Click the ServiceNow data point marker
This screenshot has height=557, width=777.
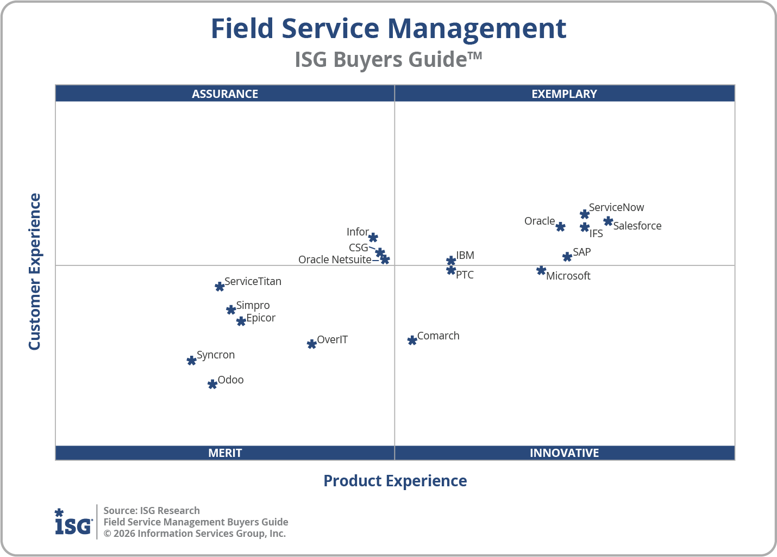coord(585,214)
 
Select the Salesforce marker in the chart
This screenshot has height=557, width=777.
coord(608,221)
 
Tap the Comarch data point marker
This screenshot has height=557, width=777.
coord(412,341)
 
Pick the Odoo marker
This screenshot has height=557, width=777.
coord(212,385)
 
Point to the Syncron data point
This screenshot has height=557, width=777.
coord(191,361)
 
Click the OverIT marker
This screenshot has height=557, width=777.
coord(312,344)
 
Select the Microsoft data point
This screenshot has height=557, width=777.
coord(541,270)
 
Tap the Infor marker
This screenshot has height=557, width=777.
coord(373,238)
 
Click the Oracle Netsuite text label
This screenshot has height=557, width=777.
coord(335,260)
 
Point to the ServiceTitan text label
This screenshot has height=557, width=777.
coord(253,282)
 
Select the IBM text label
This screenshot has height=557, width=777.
coord(465,256)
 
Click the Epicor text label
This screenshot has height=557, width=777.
coord(261,318)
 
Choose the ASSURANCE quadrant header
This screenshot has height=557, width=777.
coord(225,94)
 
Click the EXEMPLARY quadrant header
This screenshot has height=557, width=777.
coord(564,94)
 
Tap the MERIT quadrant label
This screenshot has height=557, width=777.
coord(225,453)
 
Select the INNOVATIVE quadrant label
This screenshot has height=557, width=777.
coord(564,453)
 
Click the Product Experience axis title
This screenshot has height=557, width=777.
coord(395,481)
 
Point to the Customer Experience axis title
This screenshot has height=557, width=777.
coord(35,272)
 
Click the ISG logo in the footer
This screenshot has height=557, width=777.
coord(73,522)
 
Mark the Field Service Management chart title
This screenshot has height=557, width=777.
coord(388,29)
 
